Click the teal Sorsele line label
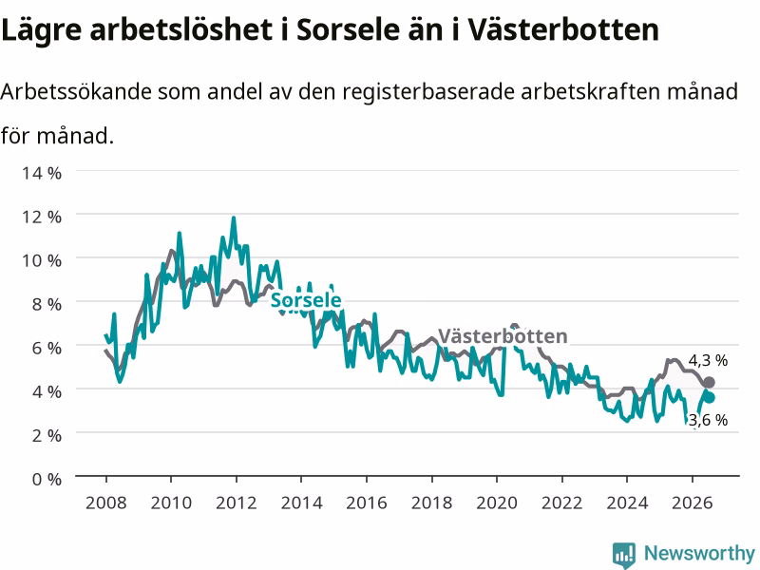pyautogui.click(x=306, y=300)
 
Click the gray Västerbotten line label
pyautogui.click(x=503, y=336)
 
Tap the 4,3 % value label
pyautogui.click(x=708, y=361)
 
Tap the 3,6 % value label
pyautogui.click(x=708, y=420)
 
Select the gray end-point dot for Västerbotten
pyautogui.click(x=709, y=383)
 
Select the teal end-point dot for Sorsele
pyautogui.click(x=709, y=398)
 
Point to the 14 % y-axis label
pyautogui.click(x=42, y=173)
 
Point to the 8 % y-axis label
pyautogui.click(x=47, y=304)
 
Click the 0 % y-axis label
pyautogui.click(x=47, y=480)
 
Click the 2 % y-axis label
pyautogui.click(x=47, y=436)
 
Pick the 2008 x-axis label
pyautogui.click(x=106, y=503)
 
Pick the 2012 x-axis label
pyautogui.click(x=236, y=503)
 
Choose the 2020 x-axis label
pyautogui.click(x=497, y=503)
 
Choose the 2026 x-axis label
pyautogui.click(x=693, y=503)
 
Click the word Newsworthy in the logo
pyautogui.click(x=699, y=553)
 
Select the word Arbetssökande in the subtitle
pyautogui.click(x=76, y=91)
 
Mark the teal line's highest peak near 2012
pyautogui.click(x=234, y=218)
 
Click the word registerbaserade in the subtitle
pyautogui.click(x=429, y=92)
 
